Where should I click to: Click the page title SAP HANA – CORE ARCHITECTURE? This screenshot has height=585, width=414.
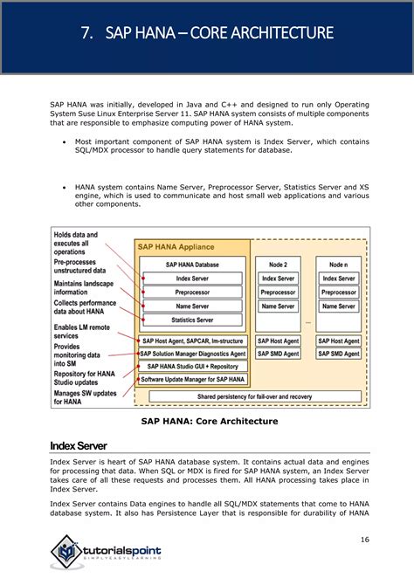pyautogui.click(x=207, y=34)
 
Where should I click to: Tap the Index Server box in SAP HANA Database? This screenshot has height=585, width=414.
pyautogui.click(x=192, y=278)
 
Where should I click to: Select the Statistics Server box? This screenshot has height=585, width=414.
pyautogui.click(x=192, y=320)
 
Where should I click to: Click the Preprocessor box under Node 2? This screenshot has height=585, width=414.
pyautogui.click(x=279, y=292)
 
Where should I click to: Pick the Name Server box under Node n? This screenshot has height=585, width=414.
pyautogui.click(x=338, y=306)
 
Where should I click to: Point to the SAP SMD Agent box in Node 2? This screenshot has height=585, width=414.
pyautogui.click(x=279, y=354)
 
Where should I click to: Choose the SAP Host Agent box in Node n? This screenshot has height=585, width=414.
pyautogui.click(x=338, y=341)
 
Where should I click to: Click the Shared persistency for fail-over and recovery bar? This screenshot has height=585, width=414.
pyautogui.click(x=253, y=396)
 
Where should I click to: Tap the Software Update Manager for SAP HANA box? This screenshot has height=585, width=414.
pyautogui.click(x=192, y=379)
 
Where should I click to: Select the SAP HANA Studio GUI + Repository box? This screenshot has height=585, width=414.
pyautogui.click(x=192, y=367)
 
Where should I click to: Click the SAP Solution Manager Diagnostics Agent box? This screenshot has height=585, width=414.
pyautogui.click(x=192, y=354)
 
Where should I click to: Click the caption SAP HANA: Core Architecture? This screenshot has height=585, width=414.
pyautogui.click(x=210, y=421)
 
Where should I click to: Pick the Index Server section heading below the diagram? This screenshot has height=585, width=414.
pyautogui.click(x=79, y=446)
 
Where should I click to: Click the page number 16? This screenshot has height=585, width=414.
pyautogui.click(x=364, y=540)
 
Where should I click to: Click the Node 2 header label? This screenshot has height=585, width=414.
pyautogui.click(x=279, y=263)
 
